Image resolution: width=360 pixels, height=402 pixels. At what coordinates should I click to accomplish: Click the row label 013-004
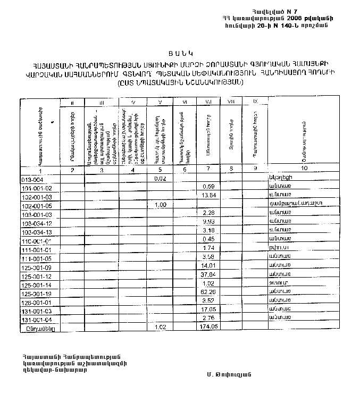(x=32, y=179)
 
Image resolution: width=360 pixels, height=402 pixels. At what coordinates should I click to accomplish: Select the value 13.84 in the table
(x=208, y=196)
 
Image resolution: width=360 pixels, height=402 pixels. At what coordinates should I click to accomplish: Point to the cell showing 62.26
(x=208, y=292)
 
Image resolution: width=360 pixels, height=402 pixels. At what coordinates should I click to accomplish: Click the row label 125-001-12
(x=37, y=275)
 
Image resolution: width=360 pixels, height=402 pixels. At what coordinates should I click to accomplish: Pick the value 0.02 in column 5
(x=160, y=179)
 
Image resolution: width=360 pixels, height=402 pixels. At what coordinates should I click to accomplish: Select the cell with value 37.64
(x=208, y=274)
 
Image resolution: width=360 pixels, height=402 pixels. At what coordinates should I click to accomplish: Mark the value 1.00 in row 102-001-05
(x=160, y=205)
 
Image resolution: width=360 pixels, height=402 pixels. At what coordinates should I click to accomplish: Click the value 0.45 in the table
(x=208, y=239)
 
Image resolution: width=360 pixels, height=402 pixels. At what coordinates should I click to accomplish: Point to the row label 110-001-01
(x=37, y=240)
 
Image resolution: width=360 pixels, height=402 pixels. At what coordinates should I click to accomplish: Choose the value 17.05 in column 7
(x=208, y=309)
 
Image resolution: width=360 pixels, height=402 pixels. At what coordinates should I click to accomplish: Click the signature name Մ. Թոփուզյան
(x=230, y=374)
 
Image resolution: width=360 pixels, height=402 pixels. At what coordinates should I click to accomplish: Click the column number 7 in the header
(x=208, y=169)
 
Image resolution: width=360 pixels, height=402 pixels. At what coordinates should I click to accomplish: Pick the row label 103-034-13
(x=37, y=232)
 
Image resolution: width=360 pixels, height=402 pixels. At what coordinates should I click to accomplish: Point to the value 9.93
(x=208, y=222)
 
